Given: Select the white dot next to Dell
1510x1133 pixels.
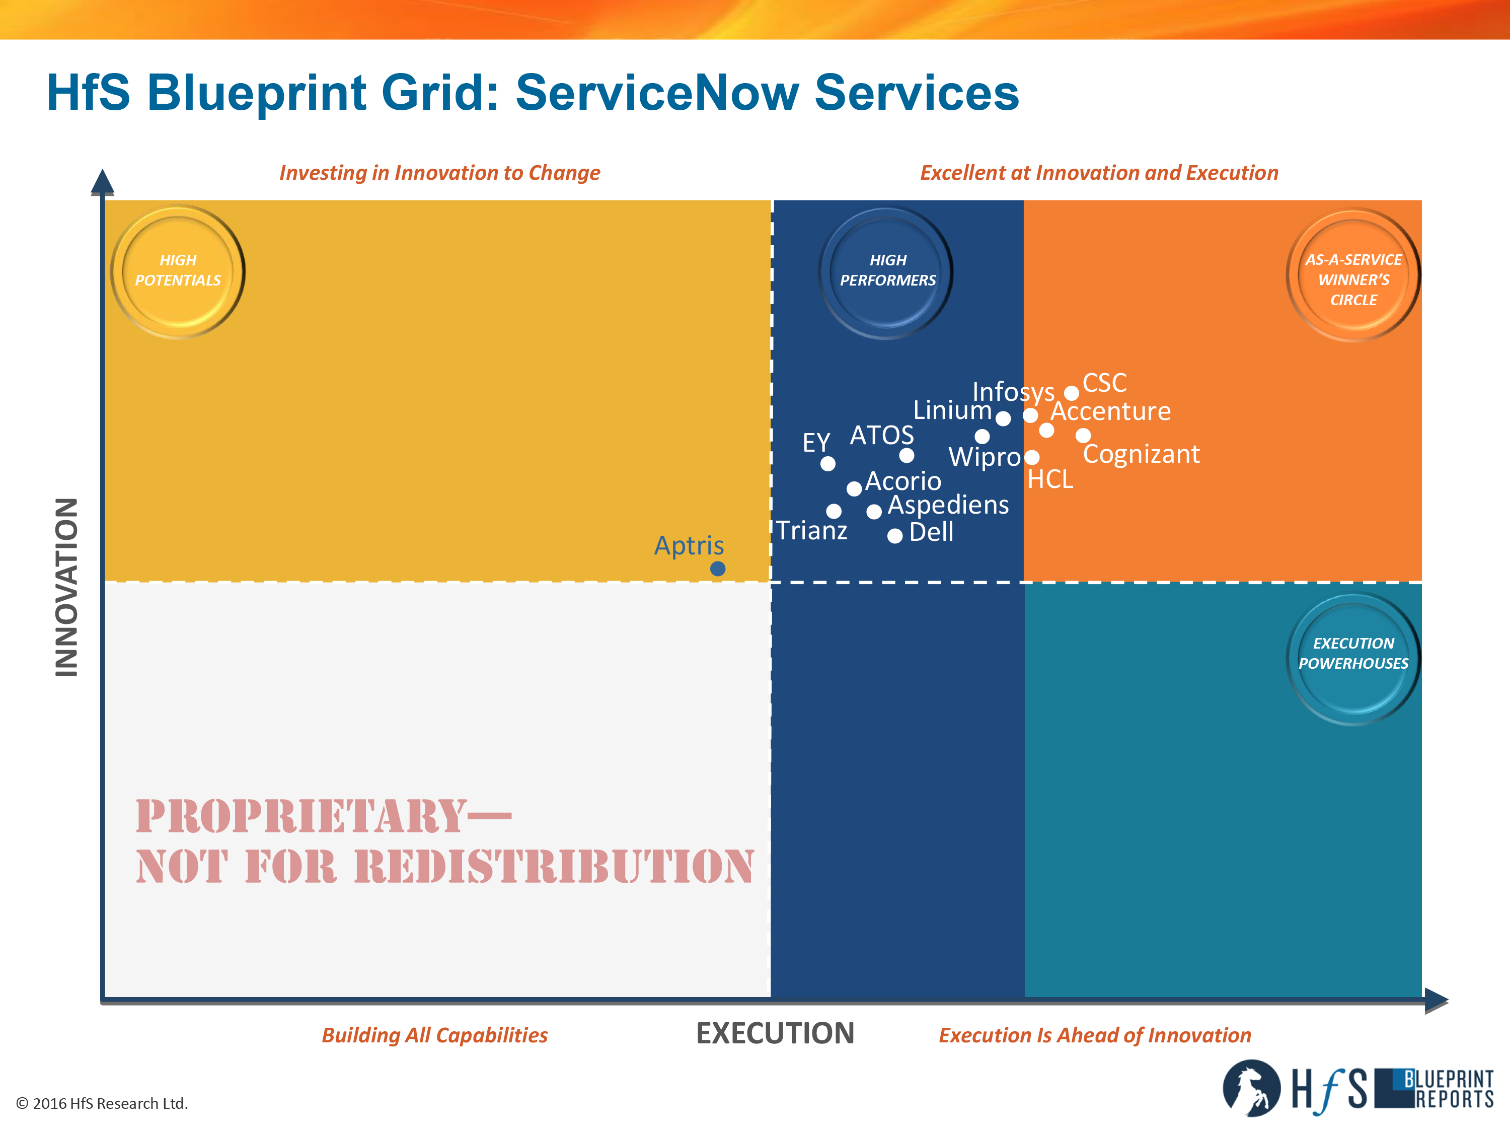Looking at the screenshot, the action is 895,536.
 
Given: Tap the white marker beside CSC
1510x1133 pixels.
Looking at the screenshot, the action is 1072,393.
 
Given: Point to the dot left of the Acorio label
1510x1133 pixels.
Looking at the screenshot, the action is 854,489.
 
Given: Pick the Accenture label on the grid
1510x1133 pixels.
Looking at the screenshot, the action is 1111,411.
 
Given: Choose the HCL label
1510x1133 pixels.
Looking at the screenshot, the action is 1050,479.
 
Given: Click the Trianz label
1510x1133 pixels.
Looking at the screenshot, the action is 812,531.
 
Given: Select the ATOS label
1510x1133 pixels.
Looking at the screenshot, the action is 882,435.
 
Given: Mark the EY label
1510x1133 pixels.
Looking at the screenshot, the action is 816,443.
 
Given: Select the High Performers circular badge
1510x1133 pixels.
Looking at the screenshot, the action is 886,272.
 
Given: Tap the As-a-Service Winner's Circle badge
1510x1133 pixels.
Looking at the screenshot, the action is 1353,275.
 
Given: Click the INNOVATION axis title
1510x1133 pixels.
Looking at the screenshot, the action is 67,587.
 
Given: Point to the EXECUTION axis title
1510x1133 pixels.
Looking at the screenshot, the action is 775,1033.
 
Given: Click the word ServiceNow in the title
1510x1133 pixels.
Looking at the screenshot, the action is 657,92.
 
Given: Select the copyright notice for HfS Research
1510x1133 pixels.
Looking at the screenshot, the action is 102,1104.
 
